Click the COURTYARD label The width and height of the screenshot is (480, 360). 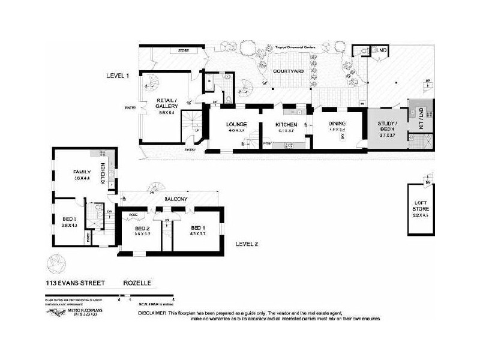286,71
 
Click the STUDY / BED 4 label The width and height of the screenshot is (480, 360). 386,129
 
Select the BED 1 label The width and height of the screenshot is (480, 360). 198,228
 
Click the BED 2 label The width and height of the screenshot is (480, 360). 142,228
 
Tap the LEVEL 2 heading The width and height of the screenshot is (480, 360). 247,244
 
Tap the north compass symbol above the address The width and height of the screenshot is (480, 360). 55,263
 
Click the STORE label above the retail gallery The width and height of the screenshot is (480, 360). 183,51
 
